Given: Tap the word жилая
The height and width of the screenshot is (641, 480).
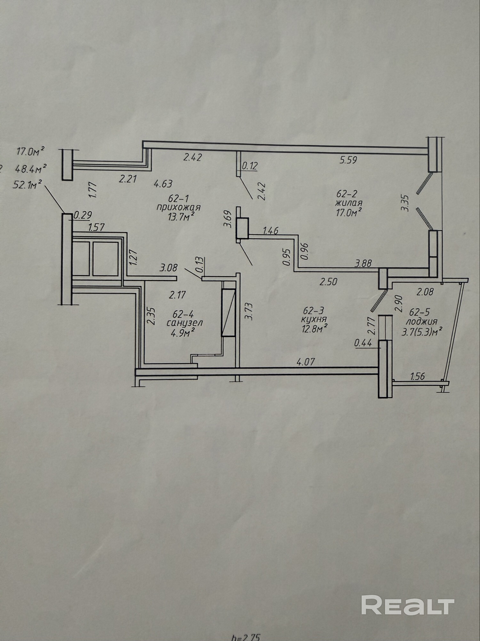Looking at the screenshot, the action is coord(348,203).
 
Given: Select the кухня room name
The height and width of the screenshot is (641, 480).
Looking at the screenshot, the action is coord(314,319).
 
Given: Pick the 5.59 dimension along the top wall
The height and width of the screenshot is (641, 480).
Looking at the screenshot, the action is coord(348,160).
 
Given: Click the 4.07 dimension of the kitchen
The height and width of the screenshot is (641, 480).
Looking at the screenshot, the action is coord(306,362).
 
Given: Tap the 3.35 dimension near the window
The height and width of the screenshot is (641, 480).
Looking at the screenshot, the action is coord(405,203).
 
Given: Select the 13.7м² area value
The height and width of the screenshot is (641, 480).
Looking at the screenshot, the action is coord(181,217).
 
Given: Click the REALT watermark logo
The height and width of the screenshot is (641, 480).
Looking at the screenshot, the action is coord(408,605).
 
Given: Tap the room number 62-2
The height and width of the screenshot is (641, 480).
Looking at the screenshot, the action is coord(346,194).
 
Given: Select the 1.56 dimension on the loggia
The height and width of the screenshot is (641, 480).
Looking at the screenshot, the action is coord(417,376).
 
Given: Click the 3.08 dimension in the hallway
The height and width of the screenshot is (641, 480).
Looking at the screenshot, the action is coord(168,268).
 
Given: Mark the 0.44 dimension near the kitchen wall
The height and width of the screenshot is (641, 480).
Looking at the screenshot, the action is coord(363,343).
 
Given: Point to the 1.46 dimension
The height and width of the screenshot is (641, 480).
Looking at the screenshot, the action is coord(270,230).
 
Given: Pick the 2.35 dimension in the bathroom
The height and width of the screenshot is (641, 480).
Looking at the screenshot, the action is coord(152,316).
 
